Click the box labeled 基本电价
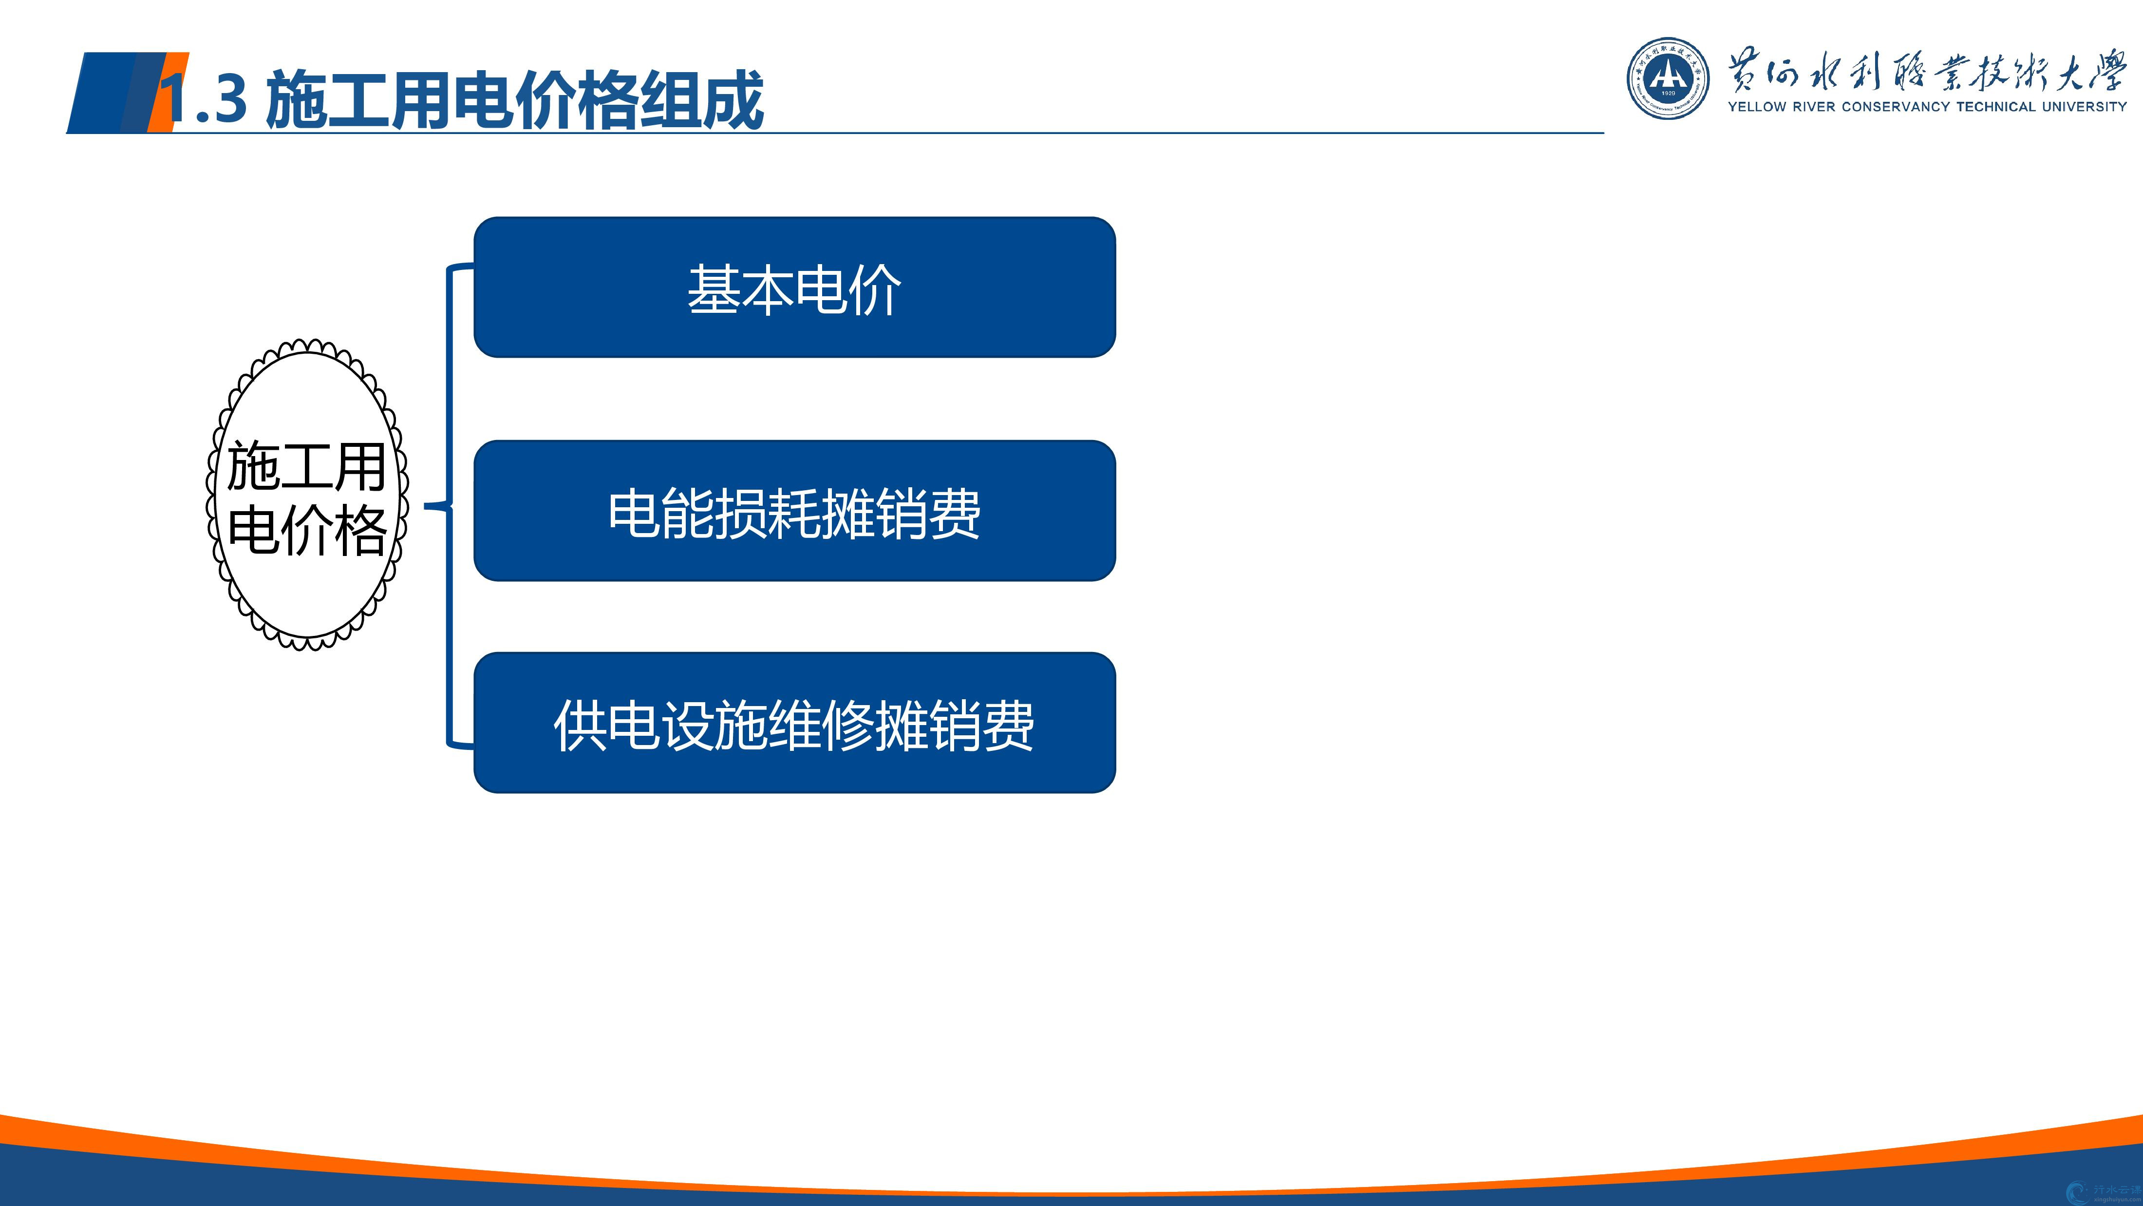pos(794,287)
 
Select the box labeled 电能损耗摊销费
pos(794,510)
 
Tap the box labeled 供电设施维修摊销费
pos(794,723)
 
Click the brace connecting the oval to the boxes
pos(449,505)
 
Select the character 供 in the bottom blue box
pos(580,725)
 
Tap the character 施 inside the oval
pos(253,467)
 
